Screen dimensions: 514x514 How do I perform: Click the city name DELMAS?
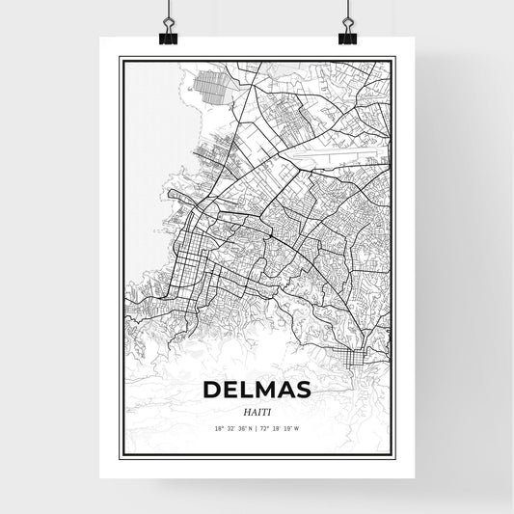(x=256, y=391)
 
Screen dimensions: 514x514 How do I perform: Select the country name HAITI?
(x=256, y=412)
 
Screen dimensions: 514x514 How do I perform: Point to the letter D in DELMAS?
(x=212, y=391)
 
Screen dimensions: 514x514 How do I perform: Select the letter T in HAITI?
(x=262, y=412)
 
